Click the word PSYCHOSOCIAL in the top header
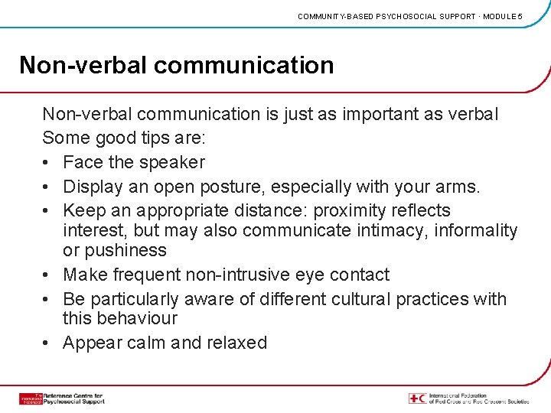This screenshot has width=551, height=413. coord(409,16)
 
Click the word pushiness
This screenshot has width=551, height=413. coord(126,250)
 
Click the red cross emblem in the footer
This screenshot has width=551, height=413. coord(417,398)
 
